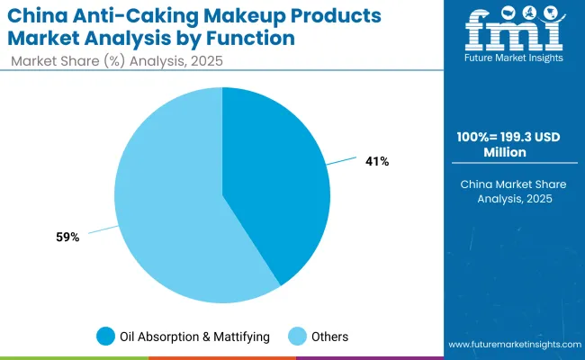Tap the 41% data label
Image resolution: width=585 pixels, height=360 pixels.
tap(377, 161)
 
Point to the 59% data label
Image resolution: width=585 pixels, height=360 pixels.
tap(68, 237)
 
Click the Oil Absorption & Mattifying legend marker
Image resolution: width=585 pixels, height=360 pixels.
tap(105, 337)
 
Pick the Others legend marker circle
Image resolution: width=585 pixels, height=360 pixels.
tap(296, 337)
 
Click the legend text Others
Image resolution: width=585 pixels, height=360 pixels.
tap(329, 337)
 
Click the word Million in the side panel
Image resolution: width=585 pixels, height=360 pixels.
tap(508, 153)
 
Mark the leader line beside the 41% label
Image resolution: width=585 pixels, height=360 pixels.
tap(342, 163)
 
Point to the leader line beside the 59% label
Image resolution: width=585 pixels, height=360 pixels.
tap(102, 230)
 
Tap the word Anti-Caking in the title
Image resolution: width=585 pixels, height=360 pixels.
tap(144, 16)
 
